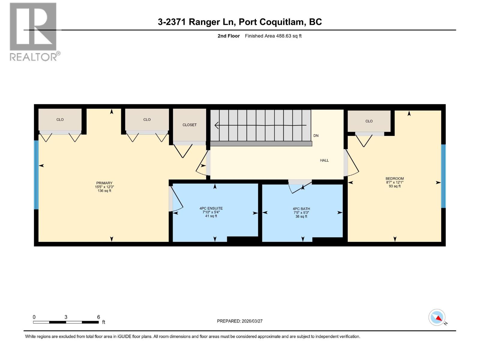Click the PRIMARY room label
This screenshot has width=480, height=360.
click(104, 183)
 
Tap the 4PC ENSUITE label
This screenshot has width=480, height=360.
click(211, 208)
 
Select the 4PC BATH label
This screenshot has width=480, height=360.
click(301, 209)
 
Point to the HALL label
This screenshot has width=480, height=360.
click(324, 160)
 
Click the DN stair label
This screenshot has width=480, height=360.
click(316, 136)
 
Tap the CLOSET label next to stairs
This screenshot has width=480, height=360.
click(190, 125)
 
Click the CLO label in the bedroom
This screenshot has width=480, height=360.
click(369, 121)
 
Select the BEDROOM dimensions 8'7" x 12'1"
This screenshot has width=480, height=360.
click(394, 182)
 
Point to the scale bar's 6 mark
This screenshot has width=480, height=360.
click(98, 317)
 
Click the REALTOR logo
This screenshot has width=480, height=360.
click(34, 31)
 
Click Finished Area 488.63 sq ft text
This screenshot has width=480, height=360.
click(273, 36)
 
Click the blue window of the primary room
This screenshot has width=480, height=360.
click(36, 175)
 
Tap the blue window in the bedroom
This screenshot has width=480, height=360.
click(443, 176)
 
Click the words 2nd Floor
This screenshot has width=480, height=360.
click(229, 36)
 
